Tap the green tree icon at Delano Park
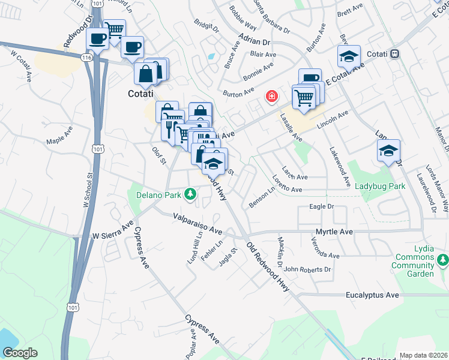(x=190, y=194)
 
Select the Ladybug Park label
(x=380, y=186)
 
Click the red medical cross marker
(x=272, y=96)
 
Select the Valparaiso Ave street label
(x=197, y=224)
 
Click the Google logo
(x=19, y=352)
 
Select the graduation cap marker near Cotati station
(x=348, y=57)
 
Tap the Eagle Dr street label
(x=321, y=206)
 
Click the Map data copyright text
(x=424, y=355)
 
